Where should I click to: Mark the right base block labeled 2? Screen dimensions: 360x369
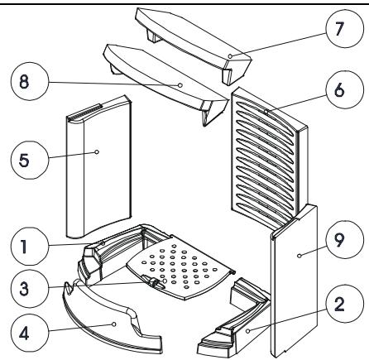[236, 323]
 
